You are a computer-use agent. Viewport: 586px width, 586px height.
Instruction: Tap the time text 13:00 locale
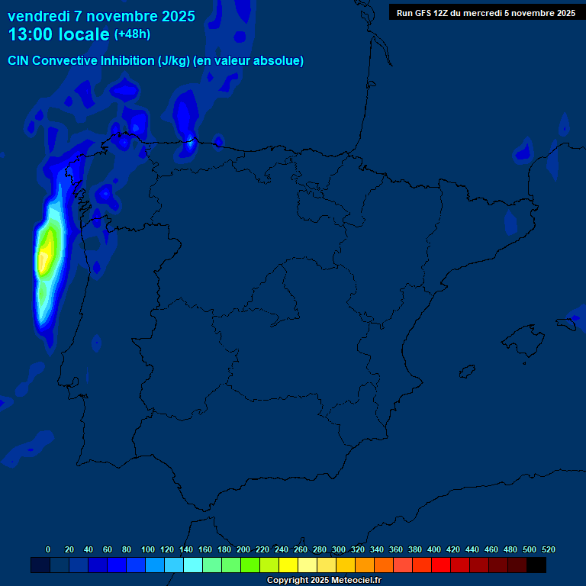tap(59, 34)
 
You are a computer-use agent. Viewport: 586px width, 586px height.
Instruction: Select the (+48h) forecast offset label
tap(132, 34)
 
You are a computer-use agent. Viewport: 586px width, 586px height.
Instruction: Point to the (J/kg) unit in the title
tap(174, 61)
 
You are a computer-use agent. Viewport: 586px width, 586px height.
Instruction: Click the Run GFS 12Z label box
tap(485, 12)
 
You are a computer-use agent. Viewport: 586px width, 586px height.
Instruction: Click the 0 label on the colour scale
tap(48, 549)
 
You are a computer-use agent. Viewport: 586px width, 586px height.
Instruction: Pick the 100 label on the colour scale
tap(148, 549)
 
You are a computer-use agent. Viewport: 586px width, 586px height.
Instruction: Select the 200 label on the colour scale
tap(243, 549)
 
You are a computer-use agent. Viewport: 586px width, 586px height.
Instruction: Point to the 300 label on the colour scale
tap(339, 549)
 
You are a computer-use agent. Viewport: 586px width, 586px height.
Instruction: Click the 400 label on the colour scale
tap(434, 549)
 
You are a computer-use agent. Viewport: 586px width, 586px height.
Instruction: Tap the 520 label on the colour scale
tap(548, 549)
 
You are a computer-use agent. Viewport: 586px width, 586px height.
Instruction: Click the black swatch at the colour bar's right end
tap(536, 565)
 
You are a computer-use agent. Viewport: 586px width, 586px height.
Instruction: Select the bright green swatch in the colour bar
tap(250, 565)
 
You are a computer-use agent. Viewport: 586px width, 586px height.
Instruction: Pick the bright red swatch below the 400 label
tap(441, 565)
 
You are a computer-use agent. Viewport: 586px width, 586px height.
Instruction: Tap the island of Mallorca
tap(520, 336)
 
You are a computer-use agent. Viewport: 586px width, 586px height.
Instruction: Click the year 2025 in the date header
tap(179, 16)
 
